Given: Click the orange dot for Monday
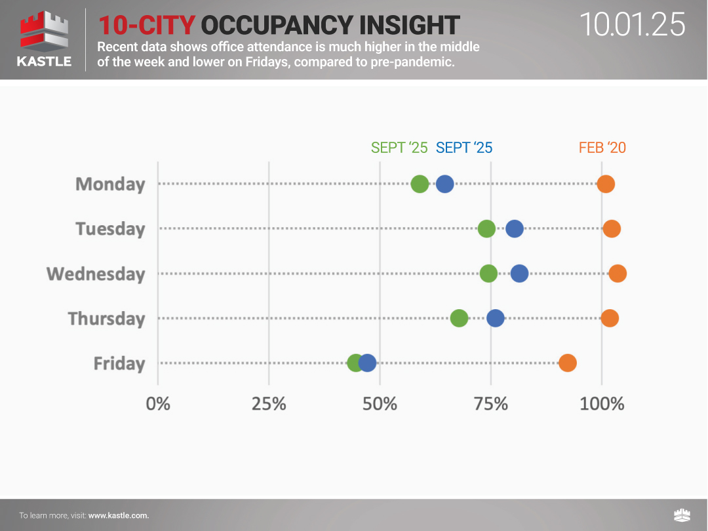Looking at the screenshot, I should coord(606,184).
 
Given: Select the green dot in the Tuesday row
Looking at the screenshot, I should coord(486,229).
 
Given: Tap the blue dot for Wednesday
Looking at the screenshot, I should coord(519,274).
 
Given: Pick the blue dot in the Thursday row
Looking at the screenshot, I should coord(496,318).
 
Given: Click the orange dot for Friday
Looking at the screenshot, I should coord(568,363).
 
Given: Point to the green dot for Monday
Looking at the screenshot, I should coord(420,184).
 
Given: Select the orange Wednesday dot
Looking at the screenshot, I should coord(618,274).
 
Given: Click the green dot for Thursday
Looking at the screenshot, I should coord(460,318).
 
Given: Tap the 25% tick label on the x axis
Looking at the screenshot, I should coord(269,404).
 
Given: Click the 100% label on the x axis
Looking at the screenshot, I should coord(602,404).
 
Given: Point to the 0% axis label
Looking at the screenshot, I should coord(158,404).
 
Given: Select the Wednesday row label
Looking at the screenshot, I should coord(96,274).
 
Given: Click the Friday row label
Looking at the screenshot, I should coord(119,363).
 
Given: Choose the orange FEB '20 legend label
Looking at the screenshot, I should coord(602,148).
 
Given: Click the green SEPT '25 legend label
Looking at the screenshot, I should coord(399,148).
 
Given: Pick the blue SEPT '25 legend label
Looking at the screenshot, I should coord(464,148).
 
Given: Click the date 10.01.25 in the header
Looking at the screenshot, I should coord(633,25).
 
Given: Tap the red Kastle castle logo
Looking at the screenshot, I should coord(43,32).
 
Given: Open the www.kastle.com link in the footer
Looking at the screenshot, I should coord(119,515).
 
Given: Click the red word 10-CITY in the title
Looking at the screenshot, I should coord(147,25).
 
